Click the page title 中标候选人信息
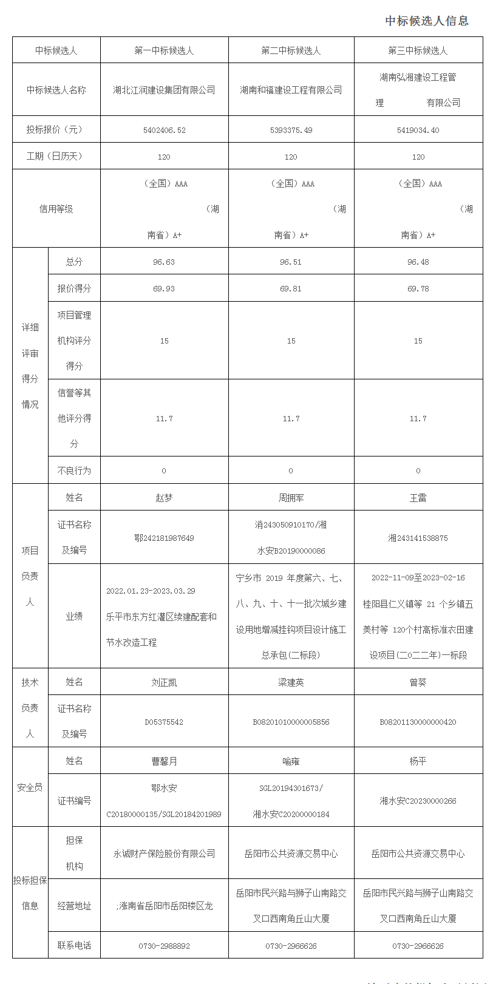tap(427, 21)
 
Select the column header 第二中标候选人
tap(291, 50)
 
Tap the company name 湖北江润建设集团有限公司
tap(164, 90)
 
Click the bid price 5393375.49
tap(291, 130)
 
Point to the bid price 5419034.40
tap(418, 130)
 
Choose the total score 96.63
tap(164, 262)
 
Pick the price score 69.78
tap(418, 289)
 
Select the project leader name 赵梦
tap(164, 498)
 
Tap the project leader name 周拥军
tap(291, 498)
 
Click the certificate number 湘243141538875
tap(418, 538)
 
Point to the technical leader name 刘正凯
tap(164, 682)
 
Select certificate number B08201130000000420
tap(418, 722)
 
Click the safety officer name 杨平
tap(418, 761)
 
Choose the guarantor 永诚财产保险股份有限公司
tap(164, 853)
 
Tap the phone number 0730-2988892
tap(164, 946)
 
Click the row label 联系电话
tap(74, 946)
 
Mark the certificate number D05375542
tap(164, 722)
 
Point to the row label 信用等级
tap(56, 209)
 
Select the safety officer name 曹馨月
tap(164, 761)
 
